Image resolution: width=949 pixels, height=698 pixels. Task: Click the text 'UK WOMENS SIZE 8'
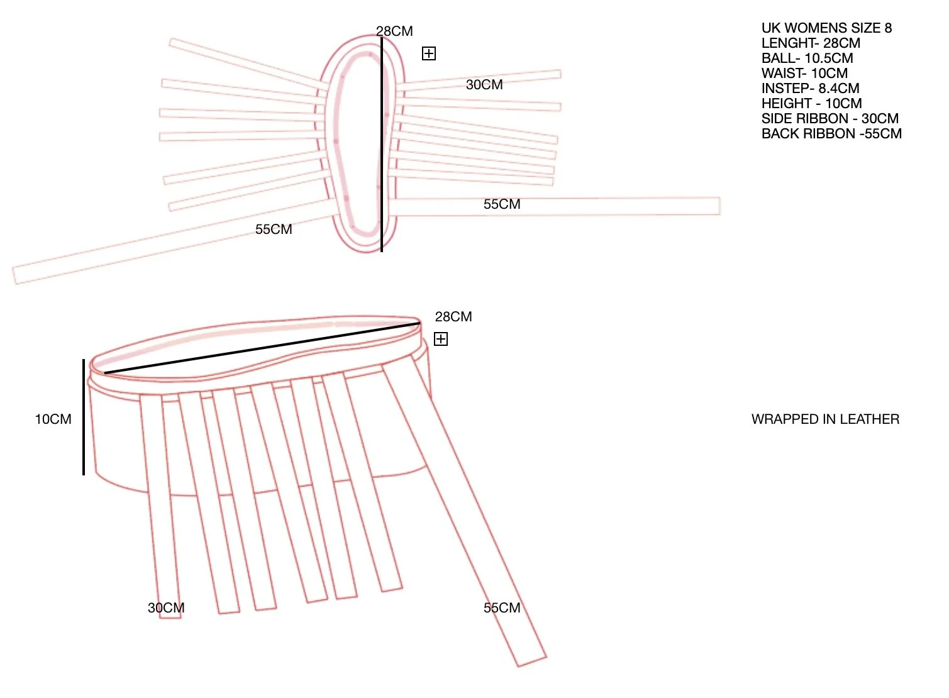[x=826, y=28]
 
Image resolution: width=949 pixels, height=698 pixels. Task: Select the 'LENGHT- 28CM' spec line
[x=811, y=43]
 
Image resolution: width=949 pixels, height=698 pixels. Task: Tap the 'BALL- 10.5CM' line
[x=807, y=58]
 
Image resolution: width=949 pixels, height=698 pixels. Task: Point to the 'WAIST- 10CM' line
[x=804, y=74]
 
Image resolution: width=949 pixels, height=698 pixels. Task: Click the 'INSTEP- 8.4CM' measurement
[x=810, y=89]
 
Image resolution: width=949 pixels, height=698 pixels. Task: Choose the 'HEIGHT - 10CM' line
[x=811, y=104]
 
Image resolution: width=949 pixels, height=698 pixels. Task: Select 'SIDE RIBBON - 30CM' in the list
[x=830, y=119]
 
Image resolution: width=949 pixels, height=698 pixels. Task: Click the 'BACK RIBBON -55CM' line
[x=831, y=134]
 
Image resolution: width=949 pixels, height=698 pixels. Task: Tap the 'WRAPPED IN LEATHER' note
[x=825, y=419]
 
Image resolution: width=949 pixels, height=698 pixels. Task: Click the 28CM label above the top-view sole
[x=394, y=31]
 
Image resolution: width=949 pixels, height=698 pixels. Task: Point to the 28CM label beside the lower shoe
[x=453, y=317]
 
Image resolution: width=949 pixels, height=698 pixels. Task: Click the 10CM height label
[x=53, y=419]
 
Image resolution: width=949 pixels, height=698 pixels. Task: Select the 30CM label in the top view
[x=484, y=85]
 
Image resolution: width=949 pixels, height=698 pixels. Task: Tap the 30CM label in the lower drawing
[x=166, y=608]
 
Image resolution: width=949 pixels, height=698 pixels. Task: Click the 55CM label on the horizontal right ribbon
[x=502, y=204]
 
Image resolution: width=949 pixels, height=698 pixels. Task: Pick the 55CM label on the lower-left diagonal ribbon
[x=274, y=230]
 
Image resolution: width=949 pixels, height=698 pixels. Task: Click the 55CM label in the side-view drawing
[x=502, y=608]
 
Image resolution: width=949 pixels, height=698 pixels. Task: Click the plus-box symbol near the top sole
[x=429, y=54]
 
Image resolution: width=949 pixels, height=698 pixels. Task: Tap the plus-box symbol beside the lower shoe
[x=441, y=340]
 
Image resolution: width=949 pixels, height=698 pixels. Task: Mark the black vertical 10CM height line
[x=84, y=416]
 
